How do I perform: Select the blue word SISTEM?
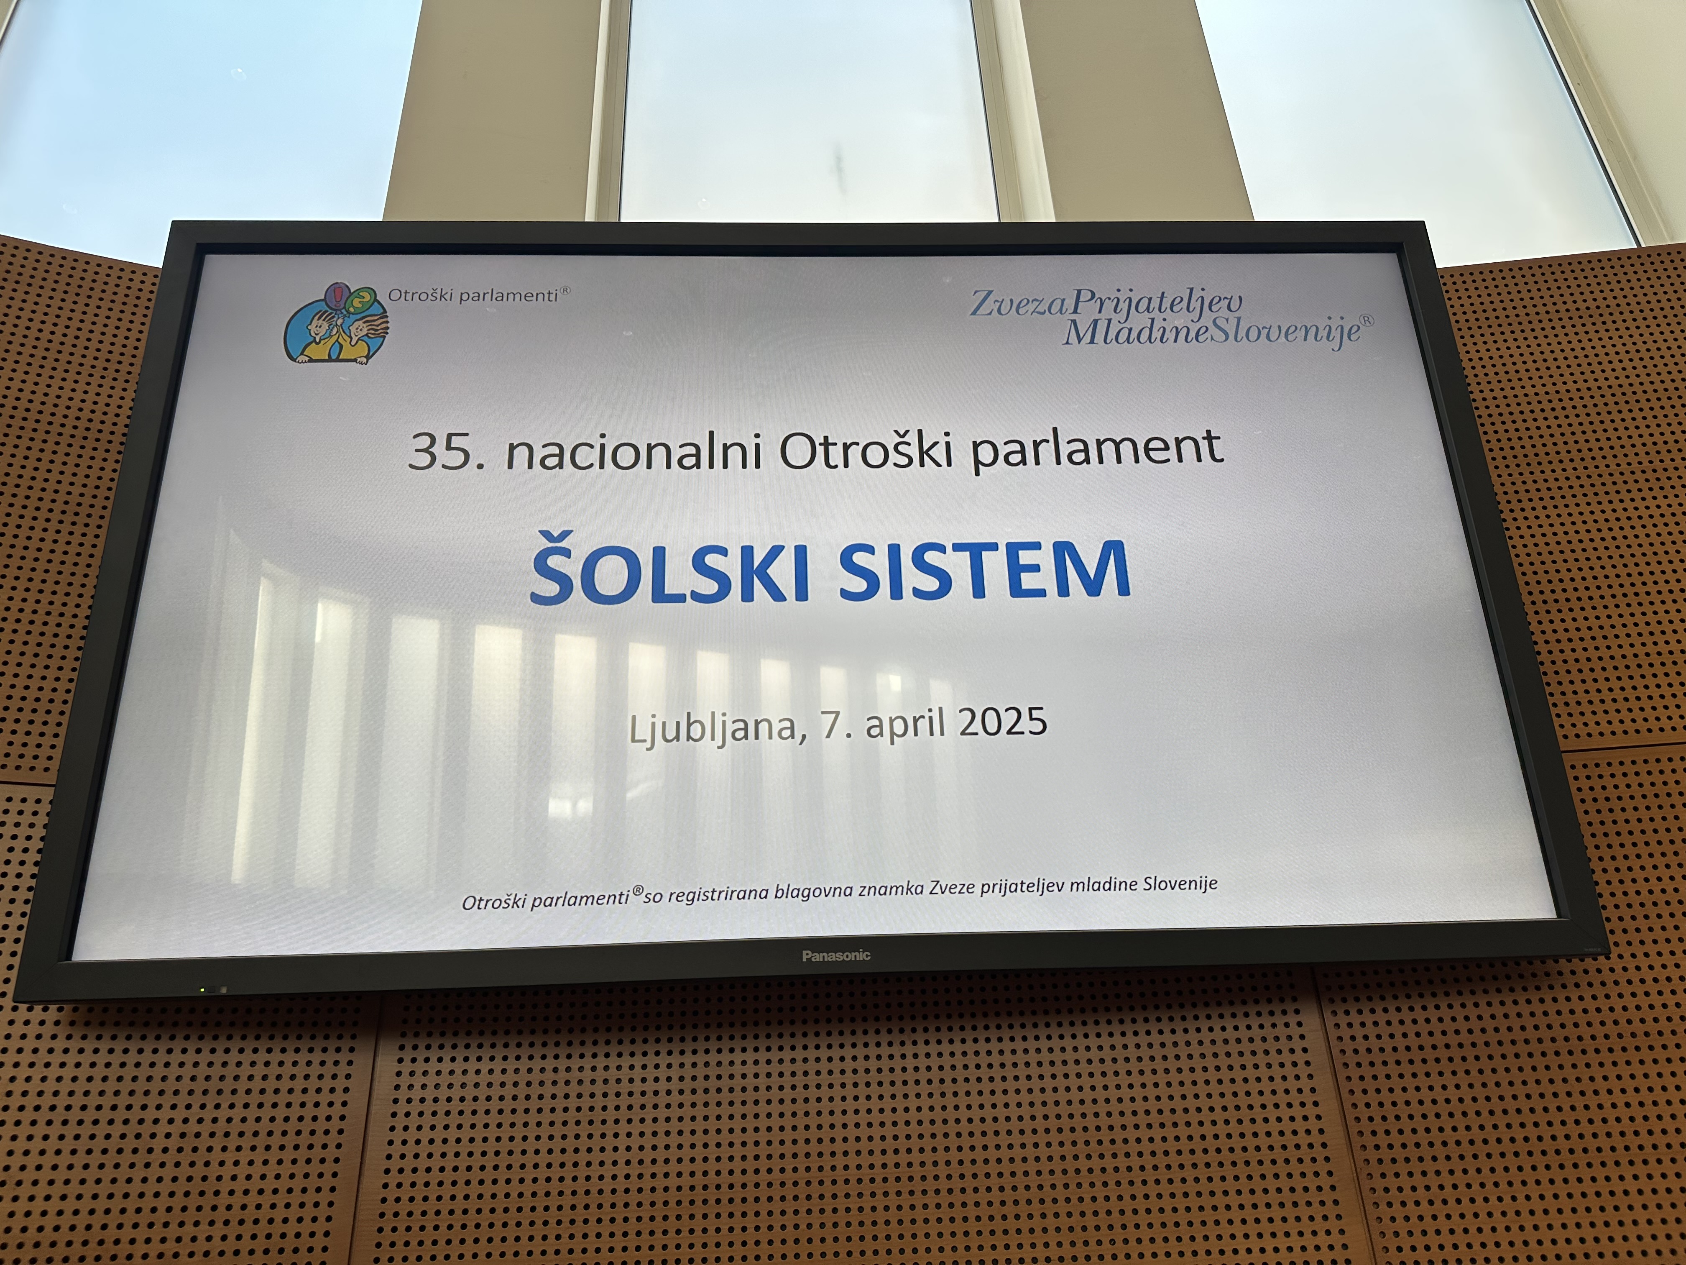click(984, 569)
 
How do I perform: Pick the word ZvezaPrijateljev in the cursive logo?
click(1105, 303)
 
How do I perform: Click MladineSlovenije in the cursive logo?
click(1212, 332)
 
